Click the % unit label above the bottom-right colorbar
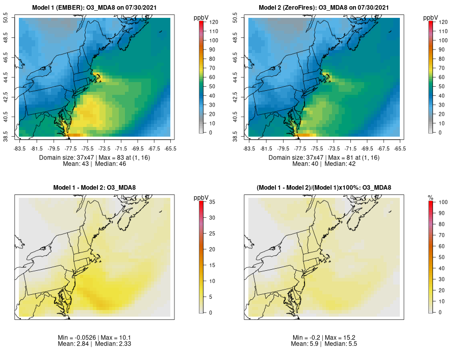430,197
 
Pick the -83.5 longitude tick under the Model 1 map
20,148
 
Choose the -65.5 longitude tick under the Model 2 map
400,148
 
